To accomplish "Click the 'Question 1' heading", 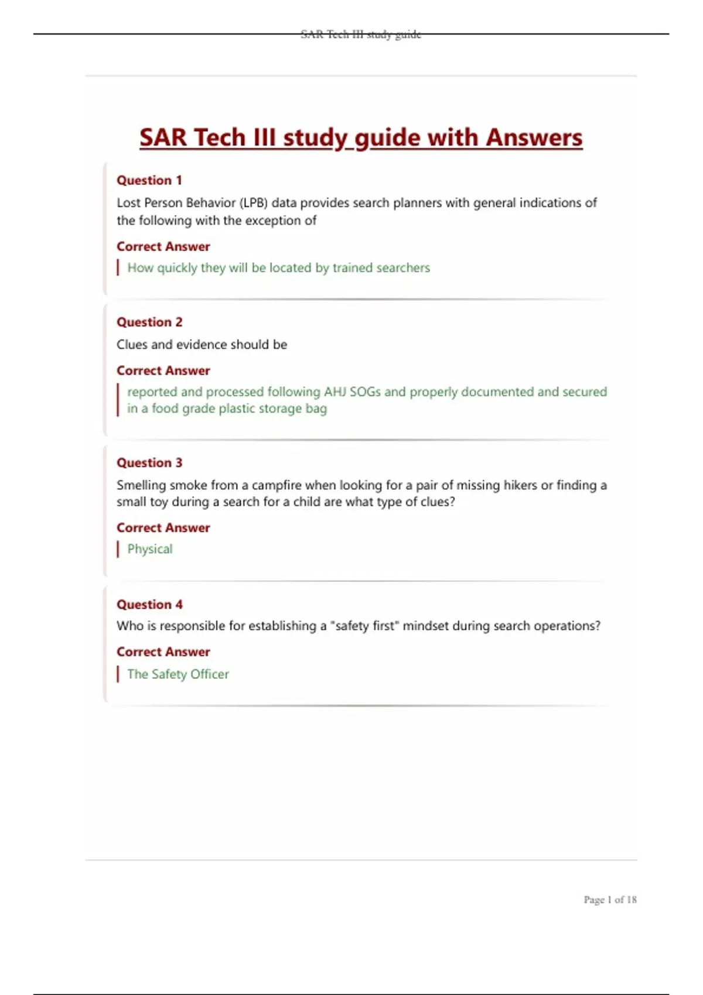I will (x=149, y=180).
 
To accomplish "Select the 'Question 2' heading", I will (x=149, y=322).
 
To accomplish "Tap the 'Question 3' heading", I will (x=149, y=463).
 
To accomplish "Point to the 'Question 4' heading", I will (x=149, y=605).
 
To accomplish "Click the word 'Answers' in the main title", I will (x=534, y=138).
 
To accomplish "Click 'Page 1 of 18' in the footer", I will (x=609, y=900).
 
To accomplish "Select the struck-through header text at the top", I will (x=361, y=35).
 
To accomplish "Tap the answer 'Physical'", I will (x=150, y=549).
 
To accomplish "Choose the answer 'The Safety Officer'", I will (x=178, y=674).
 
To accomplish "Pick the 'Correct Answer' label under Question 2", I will (x=163, y=370).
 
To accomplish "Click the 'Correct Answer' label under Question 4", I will (x=163, y=652).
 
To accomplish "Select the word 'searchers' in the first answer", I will (x=403, y=268).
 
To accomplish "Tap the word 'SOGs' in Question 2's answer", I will (x=365, y=392).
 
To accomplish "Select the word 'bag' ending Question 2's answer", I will (x=316, y=409).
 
